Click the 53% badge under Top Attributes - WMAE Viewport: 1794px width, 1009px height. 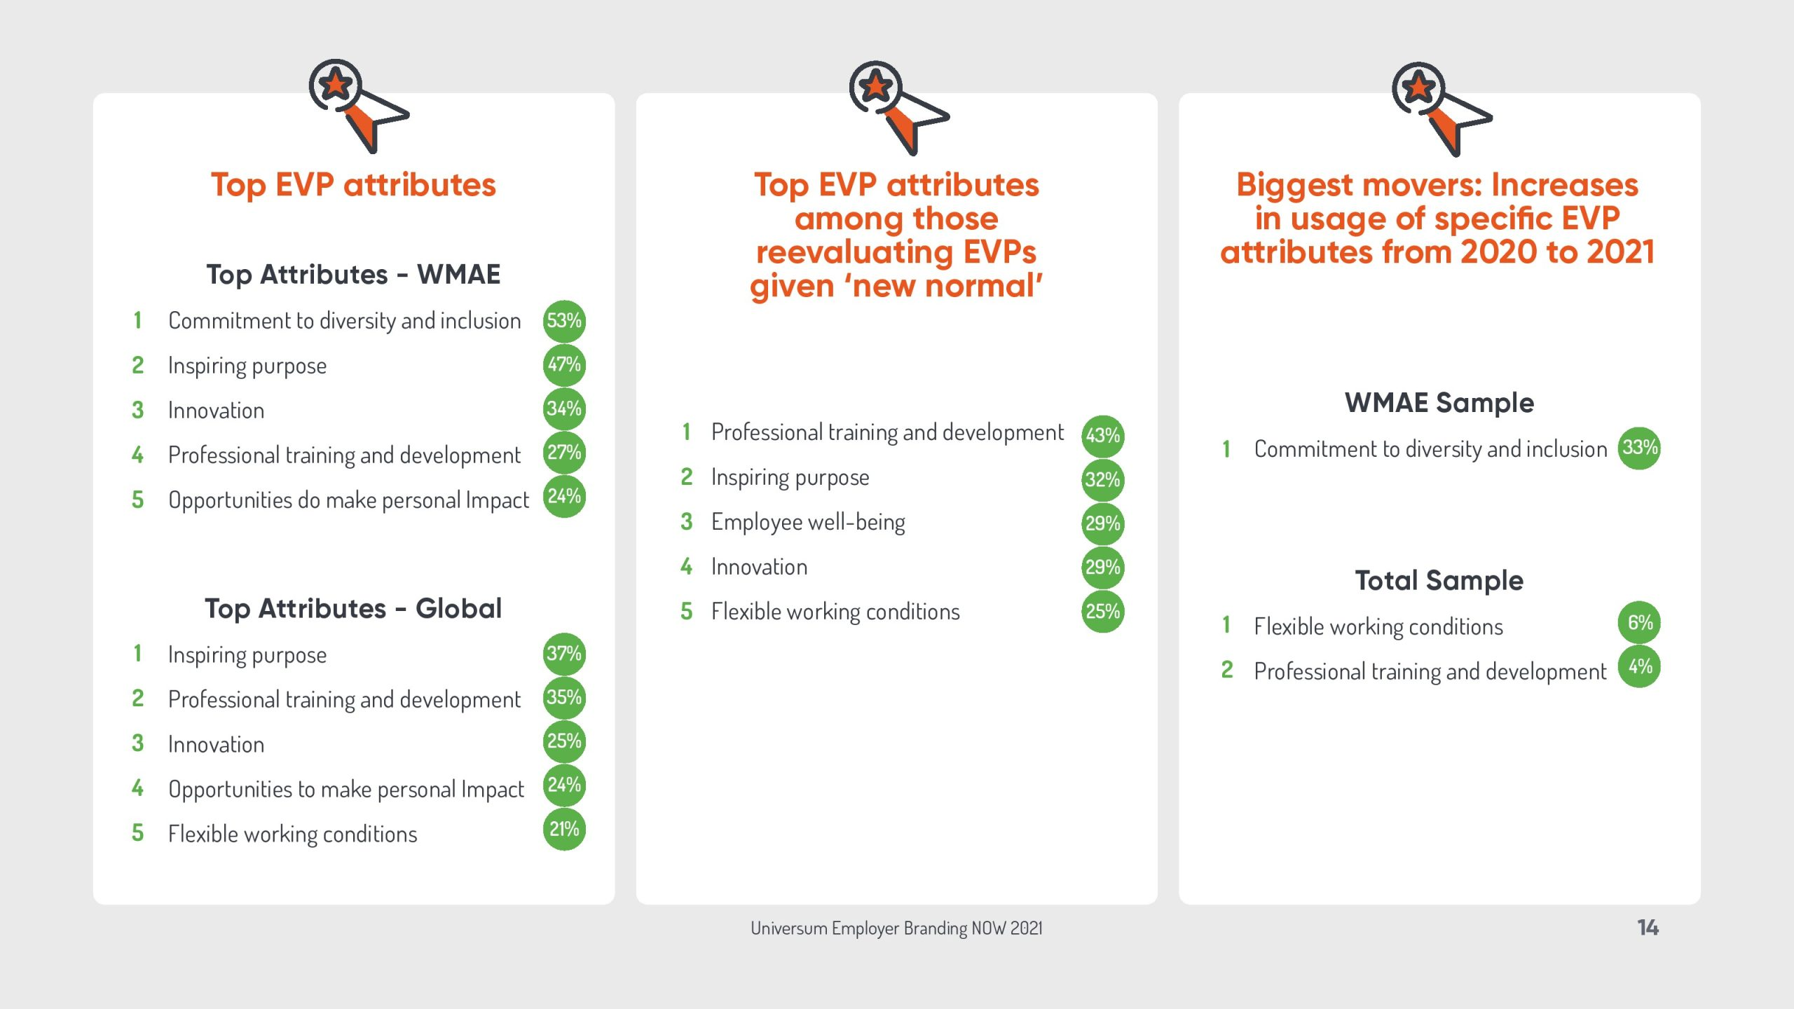(564, 321)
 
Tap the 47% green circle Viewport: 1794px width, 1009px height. (564, 365)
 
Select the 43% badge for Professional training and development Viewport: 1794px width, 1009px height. (1103, 436)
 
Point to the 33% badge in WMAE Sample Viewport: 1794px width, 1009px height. (1639, 448)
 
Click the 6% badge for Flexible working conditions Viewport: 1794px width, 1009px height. (1639, 622)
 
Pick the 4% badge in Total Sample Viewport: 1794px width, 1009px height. (1639, 666)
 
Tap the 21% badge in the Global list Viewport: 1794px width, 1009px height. (564, 830)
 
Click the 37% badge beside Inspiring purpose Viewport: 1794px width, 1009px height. (564, 654)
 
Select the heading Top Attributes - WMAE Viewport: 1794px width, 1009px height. (353, 275)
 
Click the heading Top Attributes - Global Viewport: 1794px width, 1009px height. (353, 609)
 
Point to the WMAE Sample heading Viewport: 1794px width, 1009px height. (1439, 403)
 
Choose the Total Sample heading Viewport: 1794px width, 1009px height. (1439, 581)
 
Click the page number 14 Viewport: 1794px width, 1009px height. (1648, 928)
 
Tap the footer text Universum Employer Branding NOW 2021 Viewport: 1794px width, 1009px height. (896, 928)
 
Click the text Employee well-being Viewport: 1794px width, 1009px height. (808, 523)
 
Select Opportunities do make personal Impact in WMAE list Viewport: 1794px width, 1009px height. (348, 500)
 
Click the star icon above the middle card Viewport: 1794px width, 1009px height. (876, 87)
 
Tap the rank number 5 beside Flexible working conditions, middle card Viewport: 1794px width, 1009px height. (686, 612)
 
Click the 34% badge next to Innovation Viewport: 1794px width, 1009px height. (564, 409)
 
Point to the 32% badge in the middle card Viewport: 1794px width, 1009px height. (1103, 480)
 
